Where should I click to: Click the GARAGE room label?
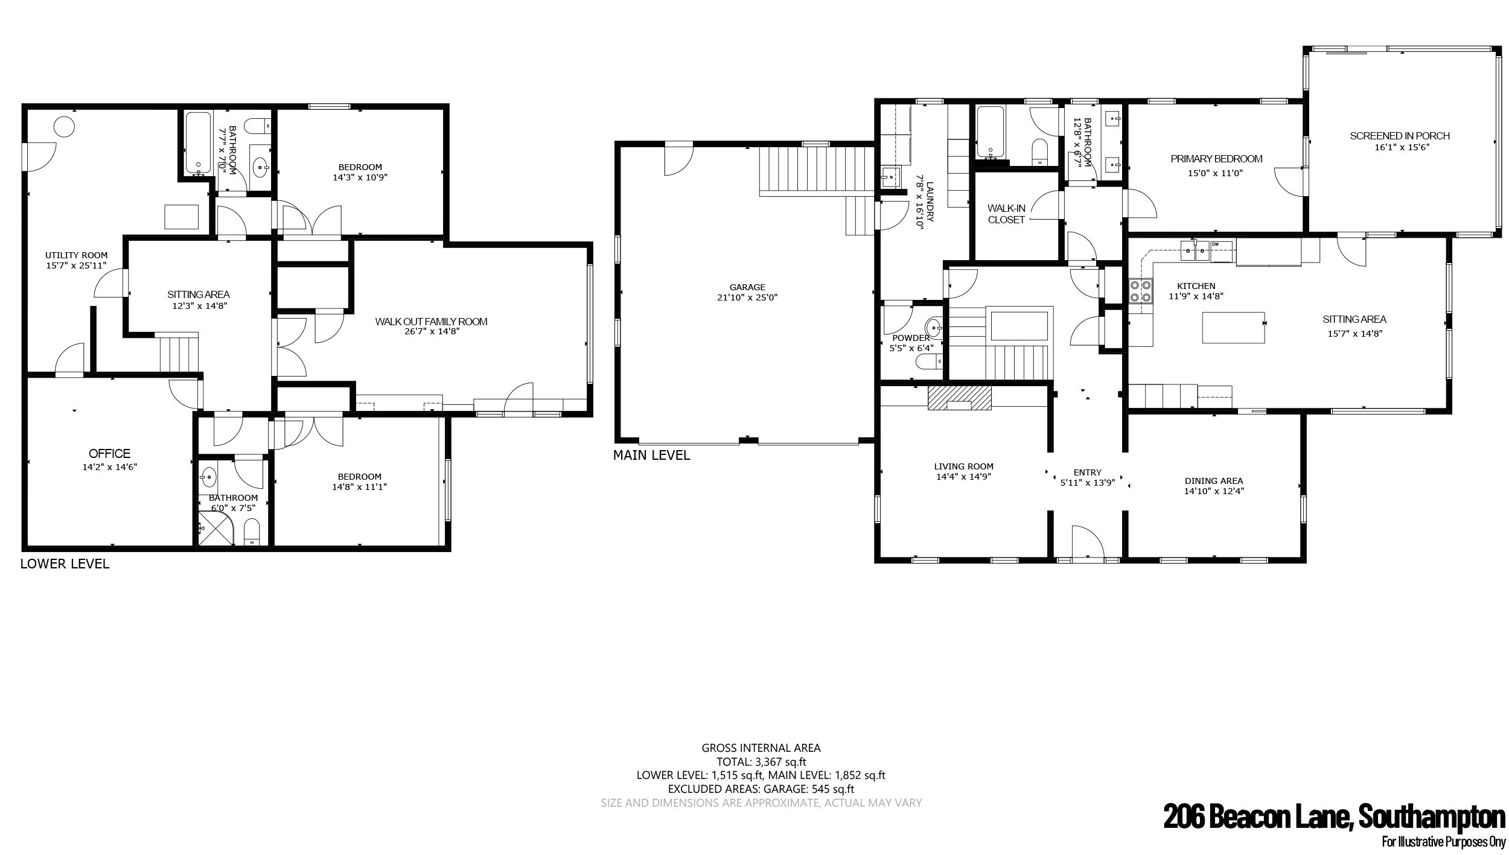tap(747, 287)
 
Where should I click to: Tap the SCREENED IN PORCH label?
tap(1400, 136)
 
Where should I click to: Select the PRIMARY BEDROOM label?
tap(1216, 159)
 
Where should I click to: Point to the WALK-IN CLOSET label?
tap(1006, 214)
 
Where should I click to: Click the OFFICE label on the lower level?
tap(109, 454)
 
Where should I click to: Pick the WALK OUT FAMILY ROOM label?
tap(431, 322)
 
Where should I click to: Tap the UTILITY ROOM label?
tap(76, 255)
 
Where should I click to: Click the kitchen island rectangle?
tap(1234, 327)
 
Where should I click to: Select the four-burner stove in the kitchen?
tap(1140, 291)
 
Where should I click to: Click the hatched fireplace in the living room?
tap(960, 398)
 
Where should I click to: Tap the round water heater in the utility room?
tap(65, 127)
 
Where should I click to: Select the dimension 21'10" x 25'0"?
tap(747, 297)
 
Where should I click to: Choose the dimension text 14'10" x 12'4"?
tap(1214, 491)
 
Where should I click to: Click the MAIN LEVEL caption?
tap(651, 456)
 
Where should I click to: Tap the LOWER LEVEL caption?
tap(65, 564)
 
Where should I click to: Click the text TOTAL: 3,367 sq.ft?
tap(761, 762)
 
